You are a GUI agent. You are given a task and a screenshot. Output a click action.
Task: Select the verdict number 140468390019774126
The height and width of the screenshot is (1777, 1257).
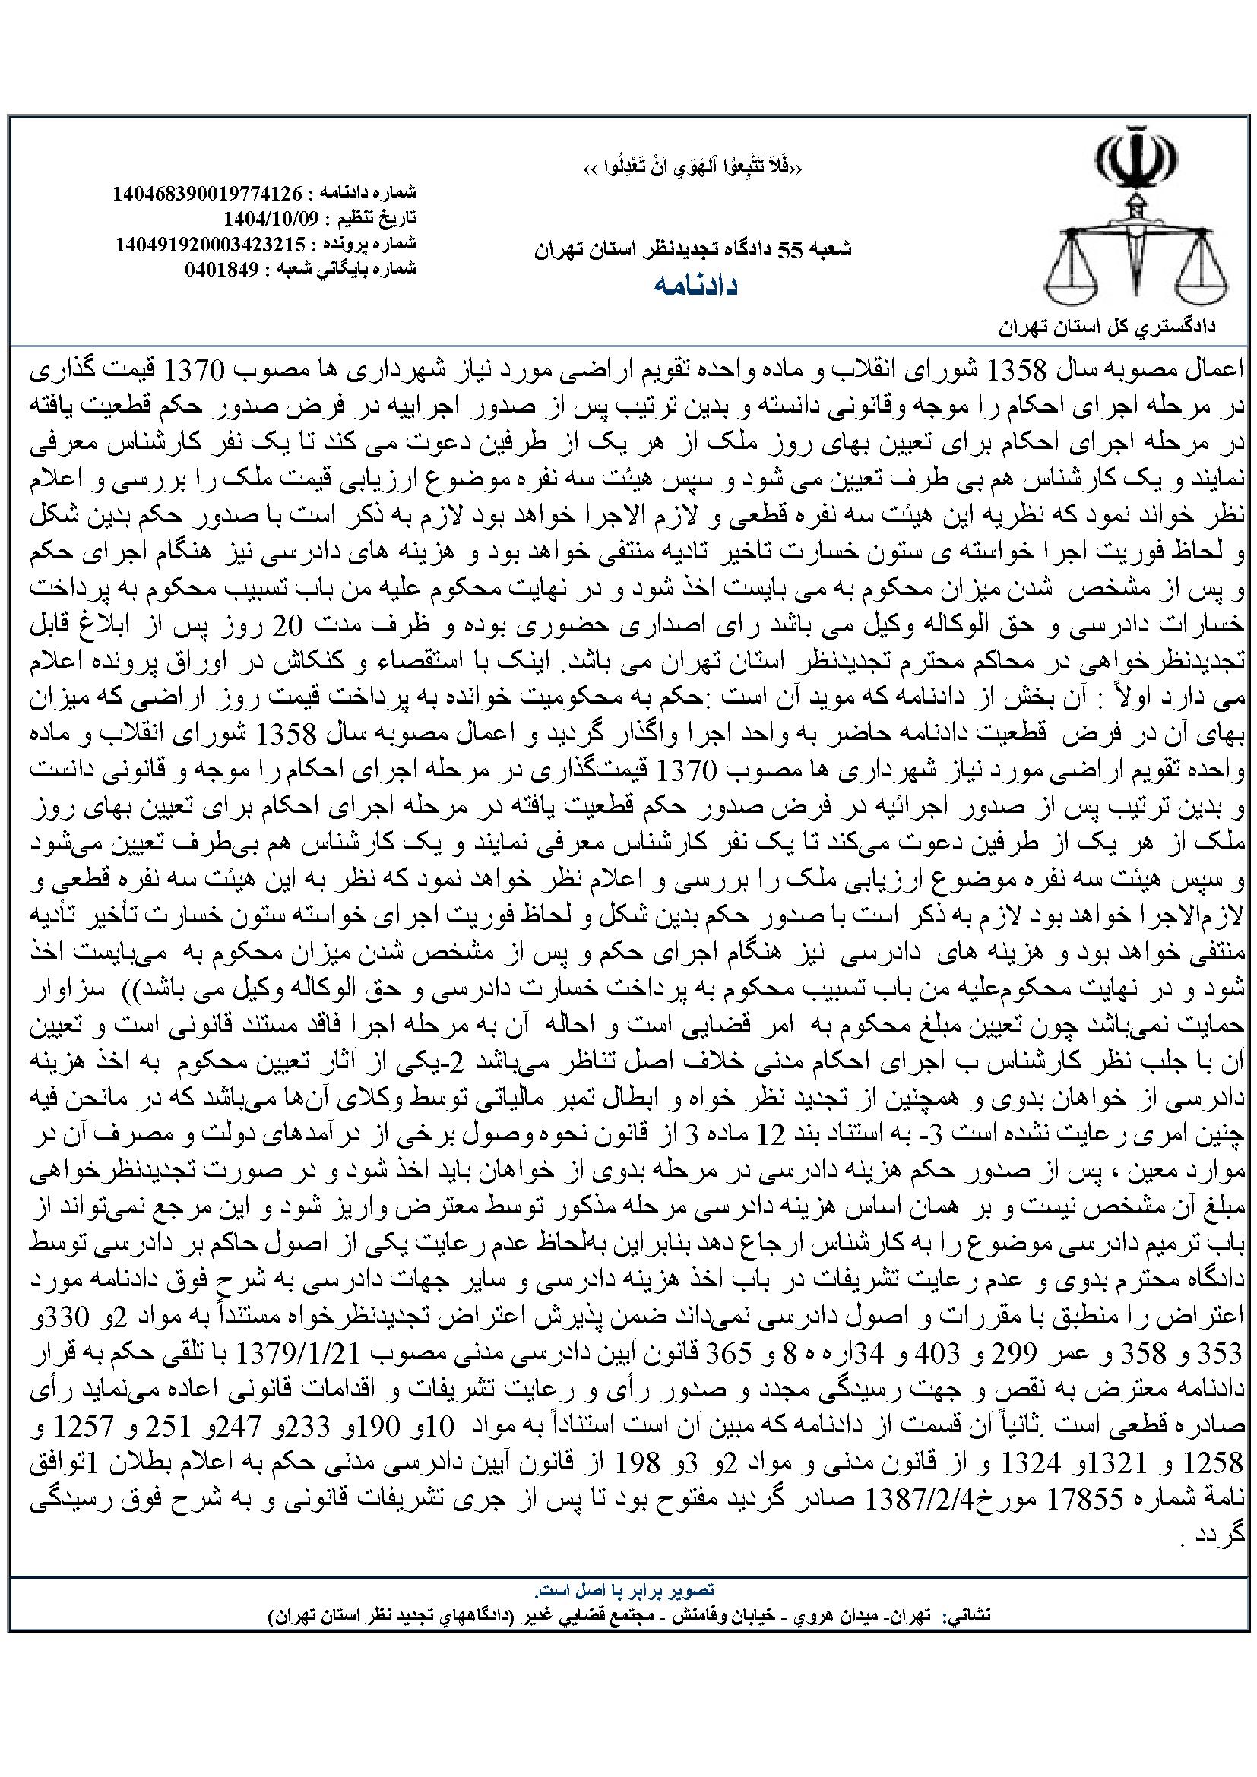pos(207,193)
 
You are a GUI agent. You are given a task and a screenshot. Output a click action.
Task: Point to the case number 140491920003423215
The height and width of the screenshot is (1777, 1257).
pos(210,243)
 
